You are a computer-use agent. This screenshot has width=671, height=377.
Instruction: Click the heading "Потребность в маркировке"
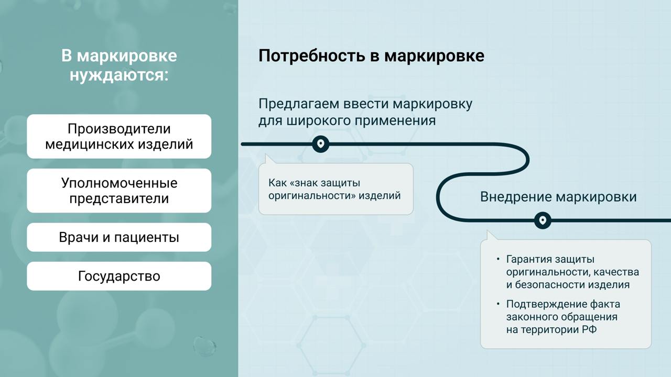(371, 56)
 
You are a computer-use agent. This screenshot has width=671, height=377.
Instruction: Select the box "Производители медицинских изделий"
(119, 136)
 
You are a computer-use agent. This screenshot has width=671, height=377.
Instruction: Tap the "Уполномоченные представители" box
(119, 191)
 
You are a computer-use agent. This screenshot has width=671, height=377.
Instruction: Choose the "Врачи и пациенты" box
(119, 237)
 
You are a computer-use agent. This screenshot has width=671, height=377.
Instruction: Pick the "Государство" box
(119, 276)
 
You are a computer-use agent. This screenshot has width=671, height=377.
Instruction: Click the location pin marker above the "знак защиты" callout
(320, 143)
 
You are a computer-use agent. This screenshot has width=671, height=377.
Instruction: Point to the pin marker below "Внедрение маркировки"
(543, 220)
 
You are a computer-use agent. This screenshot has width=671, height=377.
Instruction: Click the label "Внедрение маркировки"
(558, 197)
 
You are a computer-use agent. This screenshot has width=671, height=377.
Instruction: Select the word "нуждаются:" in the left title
(119, 75)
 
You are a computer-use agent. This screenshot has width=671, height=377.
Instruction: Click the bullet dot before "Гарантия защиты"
(498, 259)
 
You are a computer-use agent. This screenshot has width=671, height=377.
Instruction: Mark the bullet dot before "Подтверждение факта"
(498, 304)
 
